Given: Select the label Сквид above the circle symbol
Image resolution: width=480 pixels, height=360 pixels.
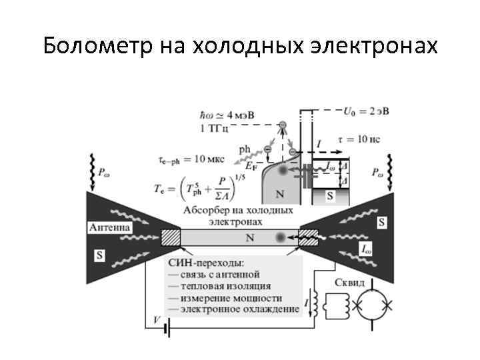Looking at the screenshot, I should (x=350, y=283).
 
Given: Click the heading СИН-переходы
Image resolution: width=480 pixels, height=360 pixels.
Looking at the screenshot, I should (x=209, y=262).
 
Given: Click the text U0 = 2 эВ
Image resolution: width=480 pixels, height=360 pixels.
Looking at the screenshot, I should (x=363, y=111).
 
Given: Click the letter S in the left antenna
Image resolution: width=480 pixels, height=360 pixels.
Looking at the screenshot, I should (x=99, y=254).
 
